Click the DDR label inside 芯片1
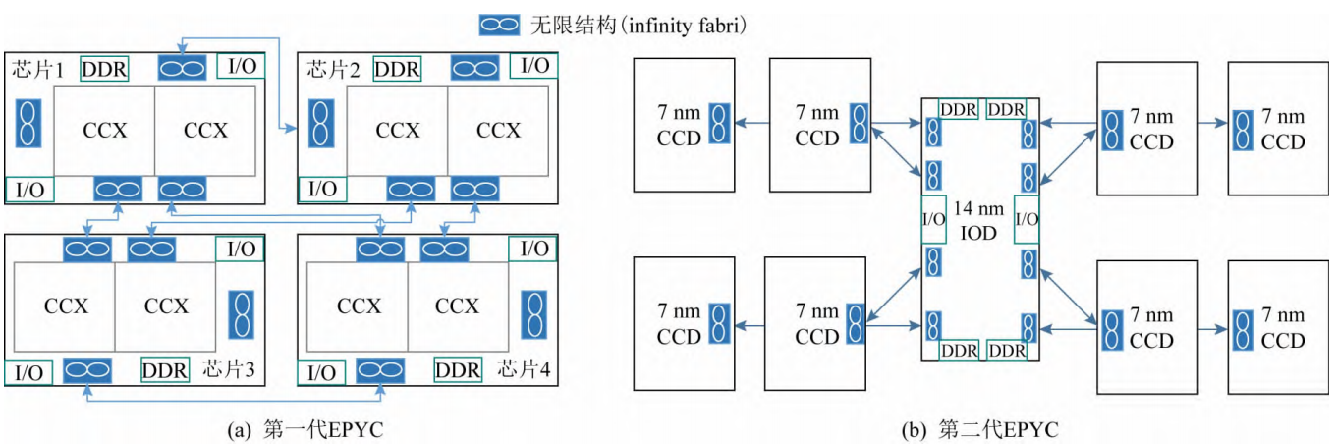tap(104, 69)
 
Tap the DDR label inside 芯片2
tap(397, 69)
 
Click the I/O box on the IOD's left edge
tap(933, 218)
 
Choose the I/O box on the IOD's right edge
tap(1026, 218)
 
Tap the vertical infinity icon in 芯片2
tap(319, 123)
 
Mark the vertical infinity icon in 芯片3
tap(240, 314)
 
